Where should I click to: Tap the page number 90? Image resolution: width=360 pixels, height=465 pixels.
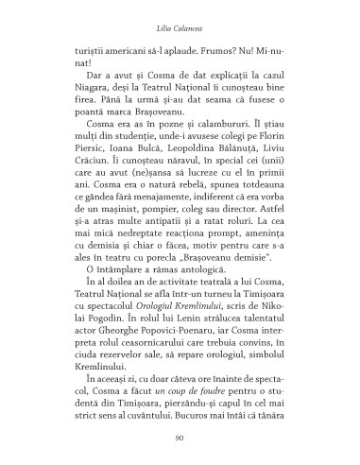(180, 437)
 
